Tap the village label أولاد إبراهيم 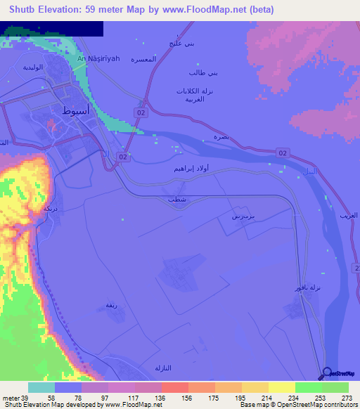[x=191, y=169]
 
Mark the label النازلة [x=163, y=368]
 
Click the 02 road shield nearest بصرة [x=283, y=152]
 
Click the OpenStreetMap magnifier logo [x=328, y=374]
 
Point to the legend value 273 [x=348, y=399]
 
